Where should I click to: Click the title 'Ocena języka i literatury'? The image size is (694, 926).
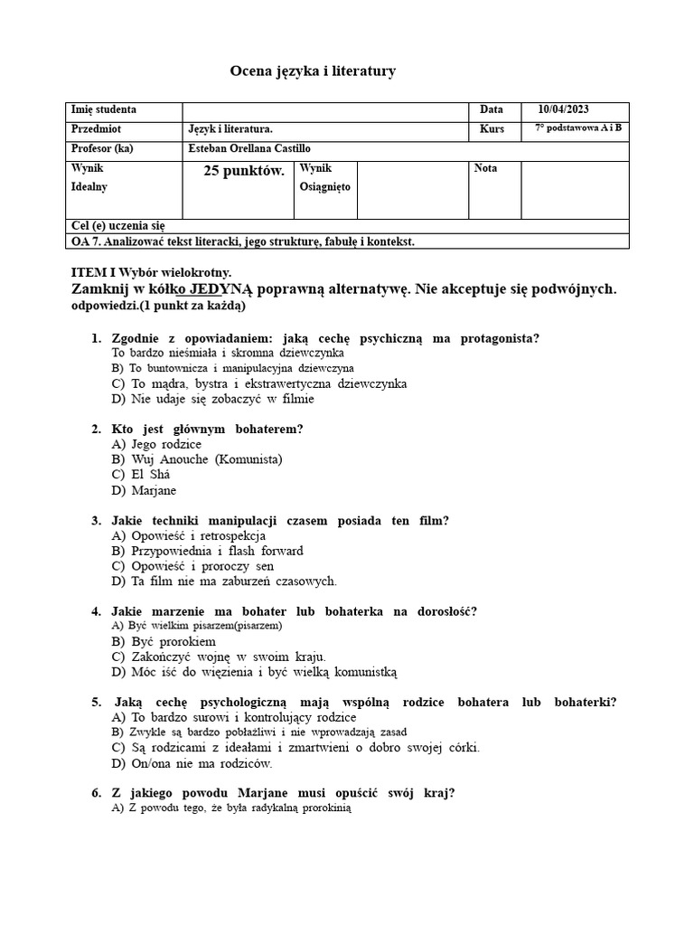pos(313,71)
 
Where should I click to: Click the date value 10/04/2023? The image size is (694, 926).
pos(563,109)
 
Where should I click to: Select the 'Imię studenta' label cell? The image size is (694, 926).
pos(104,109)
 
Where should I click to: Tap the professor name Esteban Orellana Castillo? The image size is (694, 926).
pos(247,148)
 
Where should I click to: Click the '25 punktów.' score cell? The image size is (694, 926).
pos(244,170)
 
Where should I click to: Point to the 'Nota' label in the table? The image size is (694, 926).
pos(485,168)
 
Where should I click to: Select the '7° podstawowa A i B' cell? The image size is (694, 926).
pos(577,128)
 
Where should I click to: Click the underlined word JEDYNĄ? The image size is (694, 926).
pos(223,289)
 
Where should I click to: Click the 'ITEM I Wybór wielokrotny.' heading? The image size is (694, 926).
pos(151,272)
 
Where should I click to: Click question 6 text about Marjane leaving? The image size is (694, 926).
pos(283,793)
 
